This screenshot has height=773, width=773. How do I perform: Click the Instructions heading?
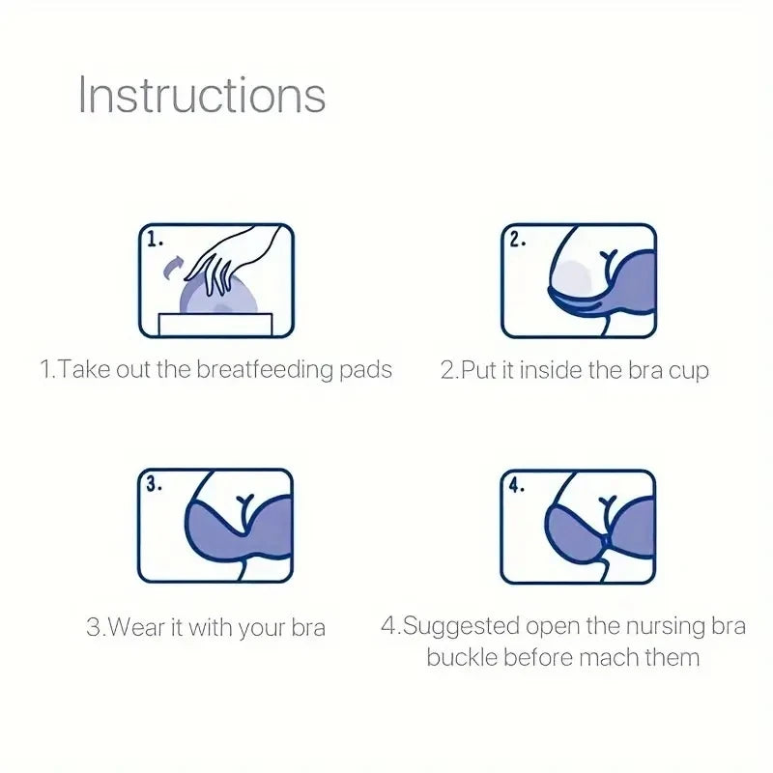201,96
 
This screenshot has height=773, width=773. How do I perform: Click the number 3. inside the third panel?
155,485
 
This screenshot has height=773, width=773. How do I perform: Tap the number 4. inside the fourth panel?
517,485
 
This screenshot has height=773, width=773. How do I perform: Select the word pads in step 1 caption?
367,370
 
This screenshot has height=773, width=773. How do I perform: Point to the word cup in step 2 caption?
688,371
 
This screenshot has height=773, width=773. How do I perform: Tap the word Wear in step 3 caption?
134,627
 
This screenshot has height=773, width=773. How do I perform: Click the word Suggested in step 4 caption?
463,626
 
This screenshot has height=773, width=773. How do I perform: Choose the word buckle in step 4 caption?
461,658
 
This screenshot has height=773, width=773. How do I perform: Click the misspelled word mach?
608,658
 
